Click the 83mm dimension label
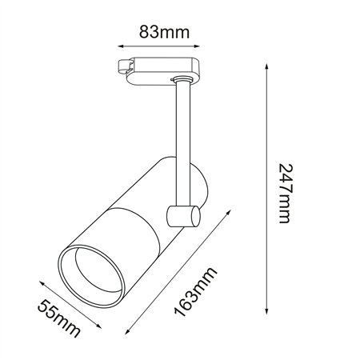(x=164, y=32)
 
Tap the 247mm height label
(x=286, y=194)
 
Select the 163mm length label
(x=195, y=291)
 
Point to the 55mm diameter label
(x=58, y=318)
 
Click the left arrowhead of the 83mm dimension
(x=121, y=46)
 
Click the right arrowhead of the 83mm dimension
(x=197, y=46)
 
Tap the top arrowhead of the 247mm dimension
(x=266, y=66)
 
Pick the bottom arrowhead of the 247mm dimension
(x=266, y=311)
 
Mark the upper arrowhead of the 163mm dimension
(x=228, y=213)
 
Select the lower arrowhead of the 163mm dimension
(x=127, y=331)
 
